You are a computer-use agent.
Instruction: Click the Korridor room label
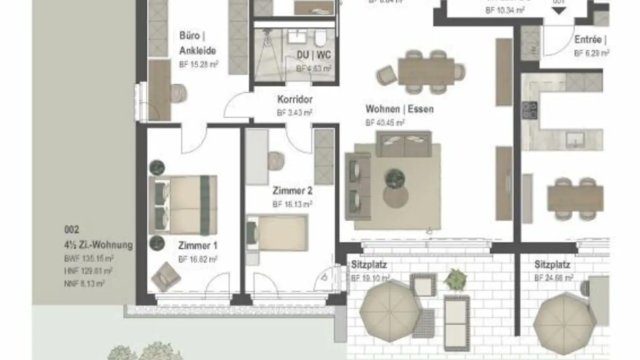tap(295, 99)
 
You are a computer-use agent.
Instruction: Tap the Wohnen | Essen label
tap(399, 109)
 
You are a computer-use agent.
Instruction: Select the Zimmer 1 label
tap(198, 245)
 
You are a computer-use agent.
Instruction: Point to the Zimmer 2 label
tap(292, 191)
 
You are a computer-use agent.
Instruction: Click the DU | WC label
tap(314, 55)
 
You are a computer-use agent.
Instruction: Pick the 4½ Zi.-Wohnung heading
tap(98, 244)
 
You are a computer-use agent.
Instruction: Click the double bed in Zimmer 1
tap(183, 205)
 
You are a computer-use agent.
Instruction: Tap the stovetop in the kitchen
tap(529, 111)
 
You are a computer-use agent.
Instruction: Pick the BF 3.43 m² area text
tap(294, 112)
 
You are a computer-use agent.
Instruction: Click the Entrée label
tap(588, 40)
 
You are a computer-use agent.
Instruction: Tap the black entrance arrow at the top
tap(559, 11)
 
